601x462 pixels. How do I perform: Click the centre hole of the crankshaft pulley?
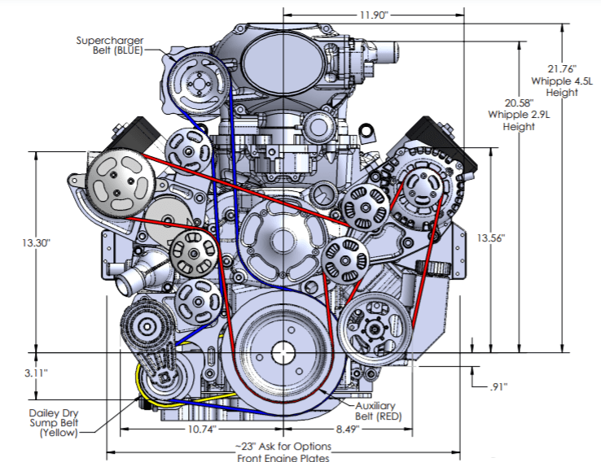[283, 353]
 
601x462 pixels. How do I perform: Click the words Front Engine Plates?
[284, 456]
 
